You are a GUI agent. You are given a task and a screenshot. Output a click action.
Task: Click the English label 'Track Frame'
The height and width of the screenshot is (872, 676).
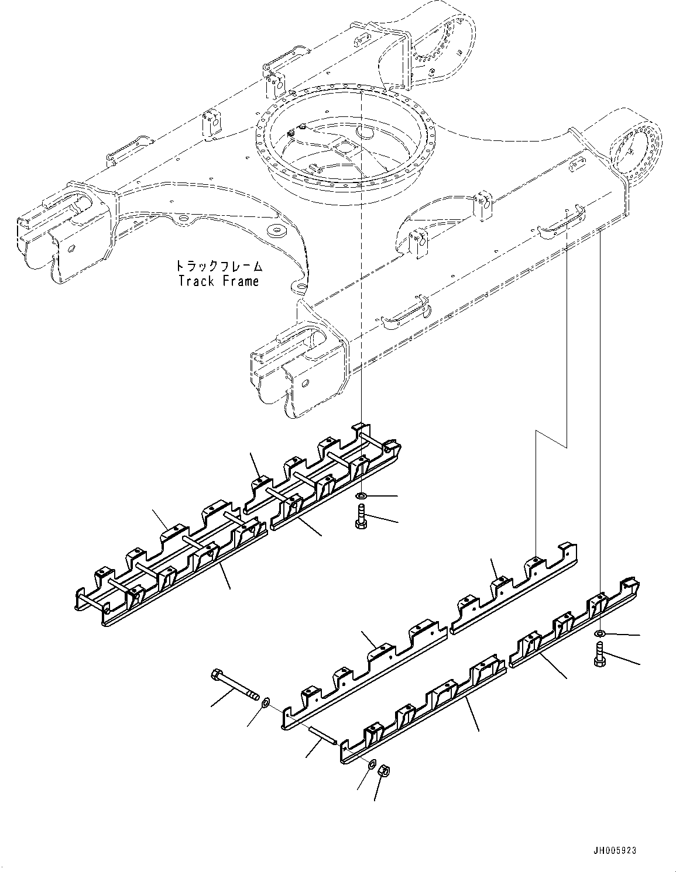[218, 281]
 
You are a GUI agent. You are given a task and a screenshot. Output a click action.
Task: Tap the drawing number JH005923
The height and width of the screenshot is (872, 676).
[612, 850]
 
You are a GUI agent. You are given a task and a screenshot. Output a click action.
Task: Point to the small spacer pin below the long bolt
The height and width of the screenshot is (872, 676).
[322, 732]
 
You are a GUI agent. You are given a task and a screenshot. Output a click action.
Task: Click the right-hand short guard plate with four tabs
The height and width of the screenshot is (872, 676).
[515, 591]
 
